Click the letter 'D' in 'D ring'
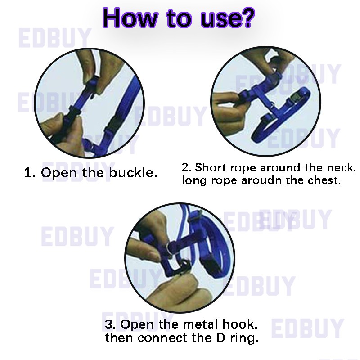coord(221,338)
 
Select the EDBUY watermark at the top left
coord(55,38)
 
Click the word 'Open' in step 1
coord(58,173)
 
